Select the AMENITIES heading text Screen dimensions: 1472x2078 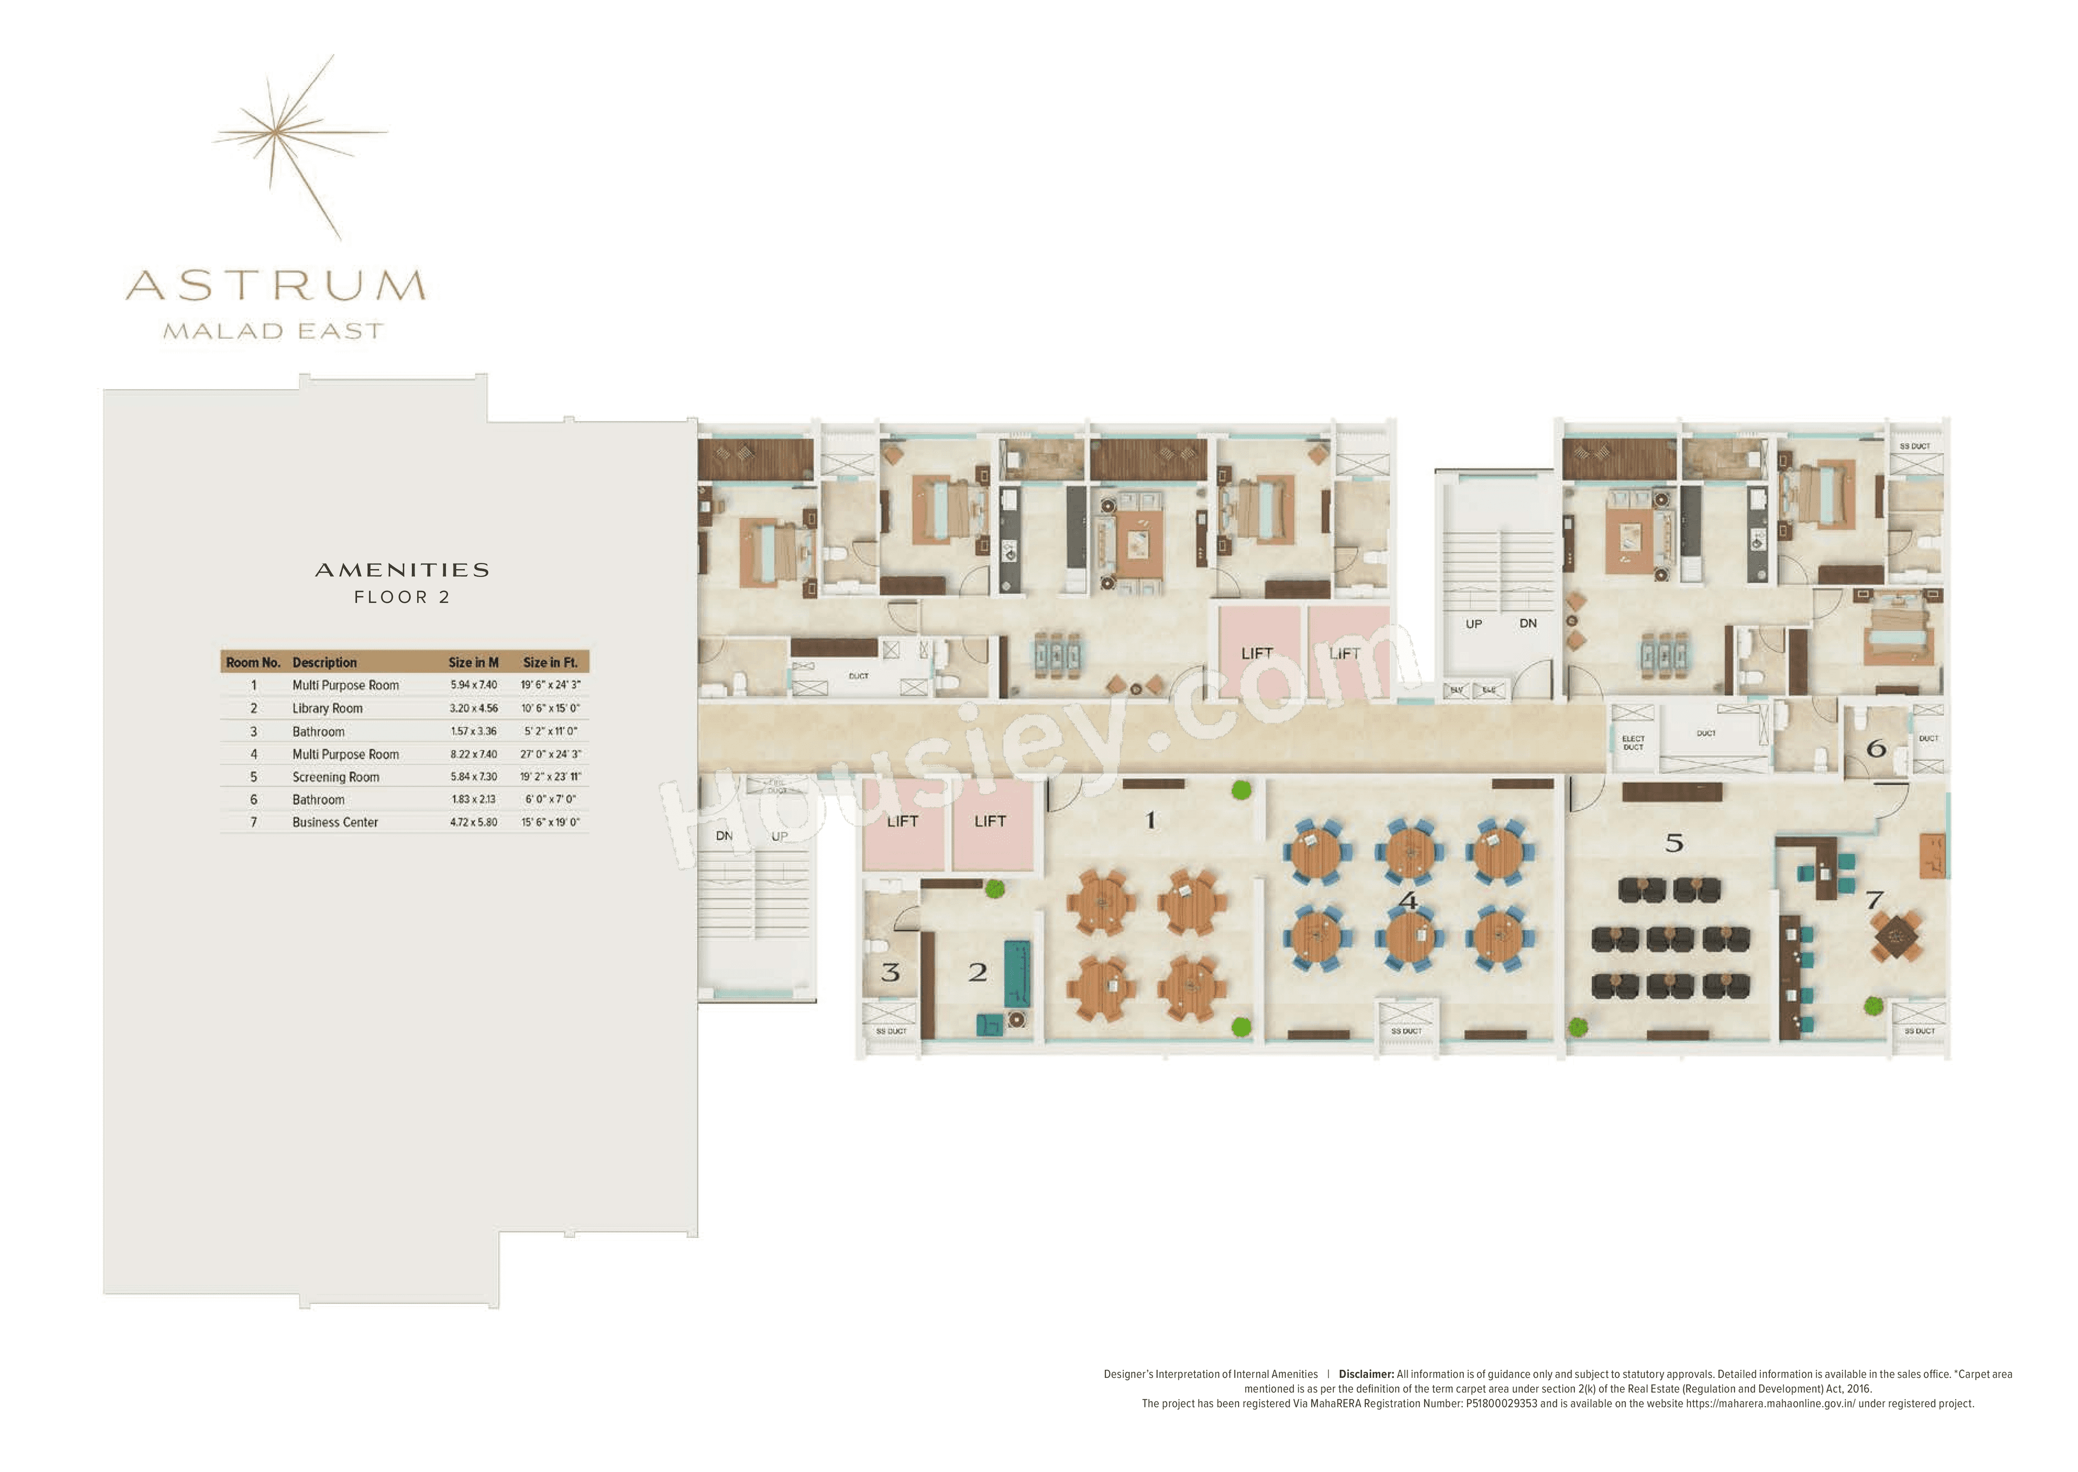coord(402,570)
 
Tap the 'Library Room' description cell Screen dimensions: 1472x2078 coord(327,708)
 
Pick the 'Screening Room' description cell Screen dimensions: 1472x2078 coord(336,777)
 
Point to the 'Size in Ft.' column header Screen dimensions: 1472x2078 coord(550,662)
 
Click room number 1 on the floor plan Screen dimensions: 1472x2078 coord(1150,820)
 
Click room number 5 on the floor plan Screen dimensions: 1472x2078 coord(1674,844)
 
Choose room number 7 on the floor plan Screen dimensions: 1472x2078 coord(1874,900)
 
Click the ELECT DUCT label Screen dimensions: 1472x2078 coord(1633,743)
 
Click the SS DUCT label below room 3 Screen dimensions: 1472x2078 coord(891,1031)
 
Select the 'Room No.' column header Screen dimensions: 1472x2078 coord(253,662)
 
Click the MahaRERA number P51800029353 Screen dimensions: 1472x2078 coord(1501,1404)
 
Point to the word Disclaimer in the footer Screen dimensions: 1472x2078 coord(1366,1374)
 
